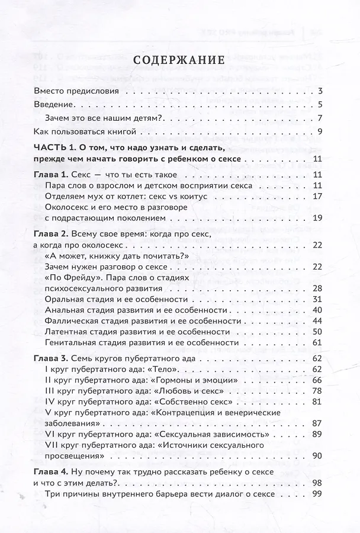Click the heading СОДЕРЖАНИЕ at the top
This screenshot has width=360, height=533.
178,61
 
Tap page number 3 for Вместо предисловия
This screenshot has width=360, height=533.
320,92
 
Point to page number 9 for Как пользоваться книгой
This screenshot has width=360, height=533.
320,131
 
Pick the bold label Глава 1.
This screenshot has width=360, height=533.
50,175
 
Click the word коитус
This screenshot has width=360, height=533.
191,197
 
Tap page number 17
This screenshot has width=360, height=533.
317,197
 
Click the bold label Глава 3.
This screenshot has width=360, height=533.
50,359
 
